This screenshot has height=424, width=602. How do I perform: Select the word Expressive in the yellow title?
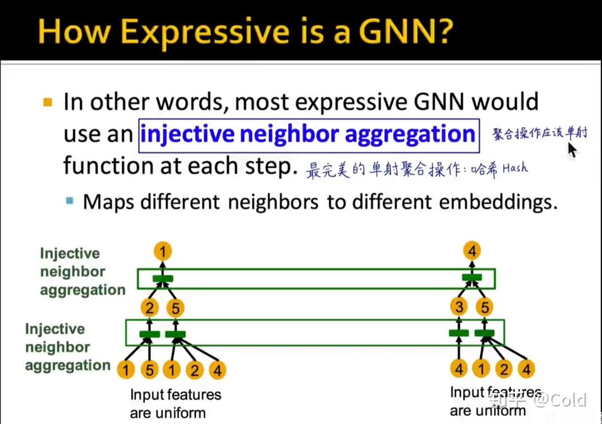coord(205,32)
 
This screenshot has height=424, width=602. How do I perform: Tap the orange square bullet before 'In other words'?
coord(47,102)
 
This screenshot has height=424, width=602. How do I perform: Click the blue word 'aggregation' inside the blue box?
coord(410,135)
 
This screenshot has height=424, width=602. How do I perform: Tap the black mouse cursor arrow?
coord(572,150)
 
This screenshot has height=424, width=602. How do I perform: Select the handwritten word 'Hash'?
coord(515,168)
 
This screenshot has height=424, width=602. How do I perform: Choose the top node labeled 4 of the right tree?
coord(472,252)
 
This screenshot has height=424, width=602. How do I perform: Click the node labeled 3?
coord(459,307)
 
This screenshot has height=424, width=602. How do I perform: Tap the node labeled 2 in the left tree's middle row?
coord(149,308)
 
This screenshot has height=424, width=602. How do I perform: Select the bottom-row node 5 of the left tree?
coord(149,370)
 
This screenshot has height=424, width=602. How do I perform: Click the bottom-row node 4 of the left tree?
coord(217,370)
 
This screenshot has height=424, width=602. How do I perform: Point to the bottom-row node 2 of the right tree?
coord(504,369)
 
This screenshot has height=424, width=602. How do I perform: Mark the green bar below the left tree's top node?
coord(163,279)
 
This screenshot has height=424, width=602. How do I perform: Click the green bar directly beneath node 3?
coord(459,333)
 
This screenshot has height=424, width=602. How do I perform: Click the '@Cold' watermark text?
coord(561,400)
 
